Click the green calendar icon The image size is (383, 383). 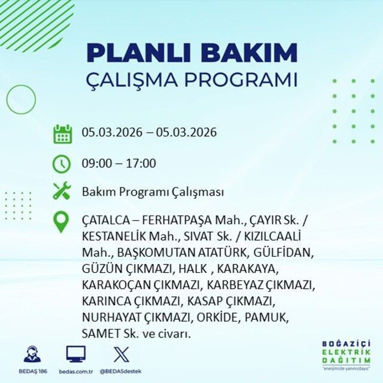point(62,133)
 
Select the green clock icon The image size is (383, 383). point(62,163)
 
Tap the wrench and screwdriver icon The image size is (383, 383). point(62,191)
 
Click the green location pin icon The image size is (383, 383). point(62,222)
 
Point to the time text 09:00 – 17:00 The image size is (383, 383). point(118,163)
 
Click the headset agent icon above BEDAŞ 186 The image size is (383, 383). point(33,354)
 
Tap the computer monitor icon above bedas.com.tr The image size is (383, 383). point(75,354)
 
